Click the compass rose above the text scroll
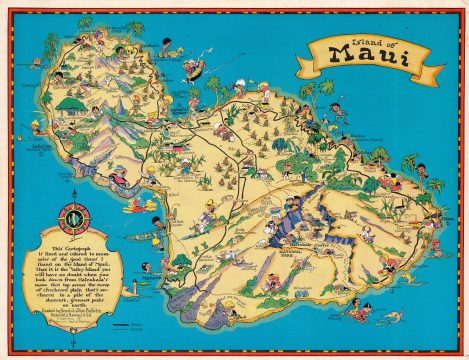74,216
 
